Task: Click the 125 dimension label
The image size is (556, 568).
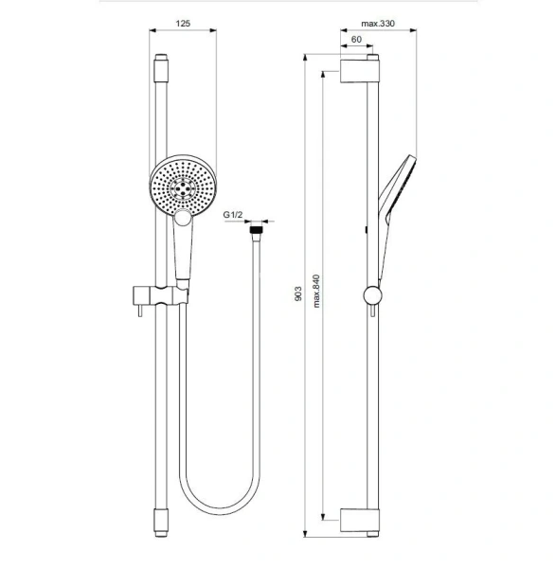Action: coord(183,24)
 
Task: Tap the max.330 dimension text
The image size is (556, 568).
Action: coord(378,24)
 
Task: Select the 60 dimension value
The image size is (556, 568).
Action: coord(356,39)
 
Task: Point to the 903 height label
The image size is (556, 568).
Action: coord(298,293)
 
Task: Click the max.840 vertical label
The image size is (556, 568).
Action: coord(316,292)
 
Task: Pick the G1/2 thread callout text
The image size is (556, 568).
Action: coord(233,215)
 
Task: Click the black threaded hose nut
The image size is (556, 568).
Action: coord(257,230)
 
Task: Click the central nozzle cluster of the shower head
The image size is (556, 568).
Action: coord(183,187)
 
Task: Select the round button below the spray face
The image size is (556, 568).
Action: coord(183,219)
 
